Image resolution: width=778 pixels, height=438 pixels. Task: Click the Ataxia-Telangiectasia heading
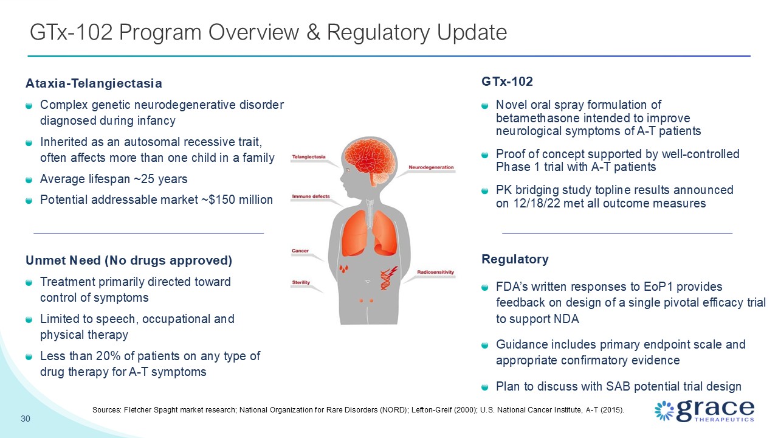click(94, 83)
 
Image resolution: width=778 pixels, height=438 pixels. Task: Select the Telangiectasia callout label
click(309, 157)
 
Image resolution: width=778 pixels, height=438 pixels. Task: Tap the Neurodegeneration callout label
click(431, 167)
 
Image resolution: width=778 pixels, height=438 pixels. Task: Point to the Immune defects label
click(311, 196)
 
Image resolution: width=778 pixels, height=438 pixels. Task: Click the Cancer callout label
click(300, 251)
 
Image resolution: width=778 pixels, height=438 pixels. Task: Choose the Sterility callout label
click(301, 282)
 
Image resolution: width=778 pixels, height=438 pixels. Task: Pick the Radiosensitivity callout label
click(436, 272)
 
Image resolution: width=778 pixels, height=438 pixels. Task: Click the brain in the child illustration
click(369, 159)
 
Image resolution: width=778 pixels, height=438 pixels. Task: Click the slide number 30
click(26, 419)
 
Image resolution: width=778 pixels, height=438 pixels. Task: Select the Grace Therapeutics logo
click(704, 411)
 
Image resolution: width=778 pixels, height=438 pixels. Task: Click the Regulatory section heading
click(515, 259)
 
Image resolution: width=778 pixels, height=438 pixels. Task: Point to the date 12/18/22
click(537, 203)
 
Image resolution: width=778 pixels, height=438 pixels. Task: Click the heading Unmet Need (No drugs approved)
click(129, 260)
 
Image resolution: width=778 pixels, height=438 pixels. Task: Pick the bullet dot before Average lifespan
click(29, 179)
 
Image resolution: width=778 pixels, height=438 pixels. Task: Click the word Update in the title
click(471, 32)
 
